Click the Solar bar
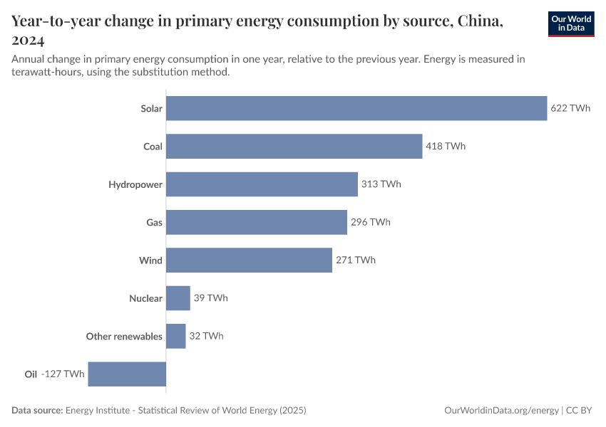click(x=356, y=109)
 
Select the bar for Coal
click(x=294, y=147)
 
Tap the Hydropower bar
click(x=262, y=184)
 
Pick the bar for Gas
click(x=257, y=222)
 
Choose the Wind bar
click(x=249, y=260)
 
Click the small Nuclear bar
click(x=178, y=298)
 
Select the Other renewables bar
click(x=176, y=336)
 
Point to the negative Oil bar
click(x=127, y=374)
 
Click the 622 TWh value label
click(x=570, y=109)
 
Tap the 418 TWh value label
click(x=446, y=147)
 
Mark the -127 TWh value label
click(x=63, y=374)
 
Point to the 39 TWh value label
click(x=210, y=298)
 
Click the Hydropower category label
click(x=135, y=184)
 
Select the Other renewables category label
click(x=124, y=336)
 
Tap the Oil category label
click(x=31, y=374)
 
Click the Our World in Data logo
click(x=570, y=23)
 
